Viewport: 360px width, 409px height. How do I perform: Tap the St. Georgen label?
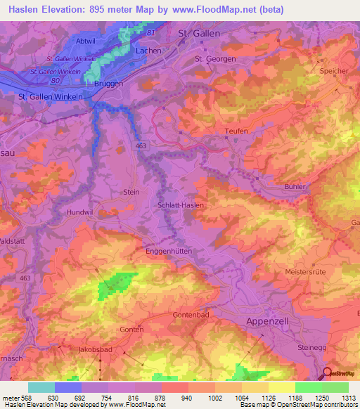click(214, 59)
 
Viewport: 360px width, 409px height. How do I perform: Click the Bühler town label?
click(296, 186)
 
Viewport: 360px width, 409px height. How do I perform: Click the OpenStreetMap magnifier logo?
click(328, 373)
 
